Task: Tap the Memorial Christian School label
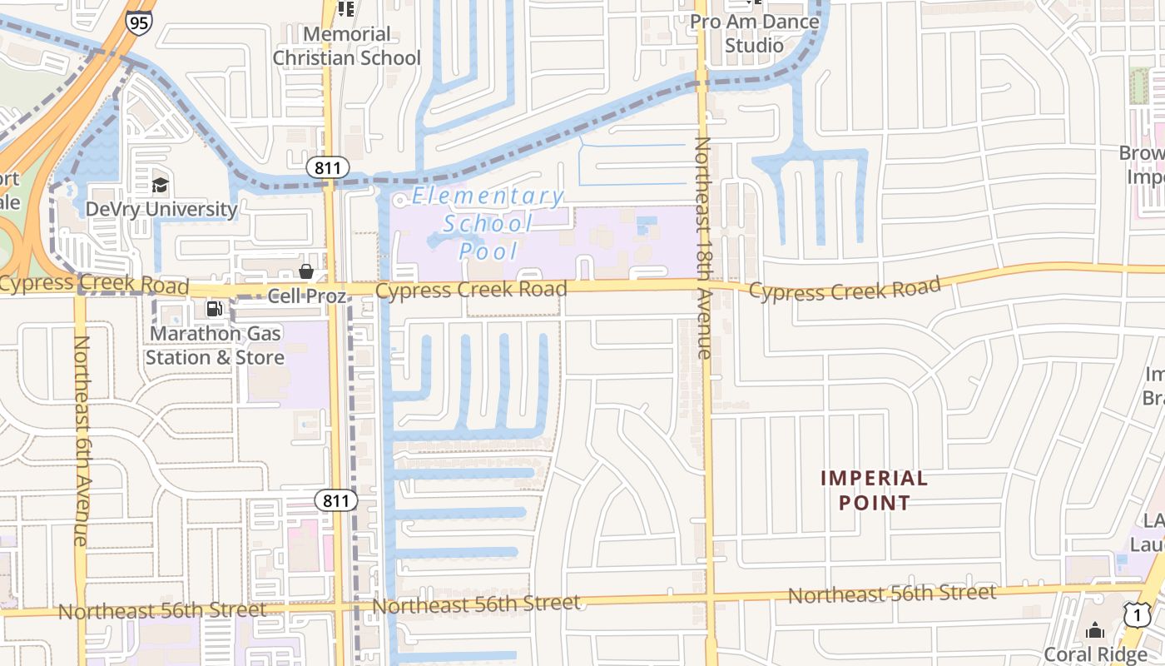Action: tap(347, 46)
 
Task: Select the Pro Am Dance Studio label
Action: tap(755, 33)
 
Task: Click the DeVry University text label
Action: tap(161, 209)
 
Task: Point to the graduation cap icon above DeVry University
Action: tap(160, 185)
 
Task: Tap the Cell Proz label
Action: tap(306, 296)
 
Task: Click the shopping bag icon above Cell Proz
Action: tap(306, 271)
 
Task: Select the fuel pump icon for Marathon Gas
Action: tap(214, 309)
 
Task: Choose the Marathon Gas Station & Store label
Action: tap(215, 345)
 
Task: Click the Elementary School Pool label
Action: tap(488, 223)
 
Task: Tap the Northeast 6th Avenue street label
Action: tap(81, 440)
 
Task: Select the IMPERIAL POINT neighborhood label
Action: tap(874, 490)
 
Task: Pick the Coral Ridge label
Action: tap(1095, 654)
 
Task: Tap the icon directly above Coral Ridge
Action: tap(1095, 629)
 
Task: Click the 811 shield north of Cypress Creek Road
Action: tap(328, 168)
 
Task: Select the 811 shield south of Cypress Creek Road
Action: tap(336, 500)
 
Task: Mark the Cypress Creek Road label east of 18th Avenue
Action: tap(845, 289)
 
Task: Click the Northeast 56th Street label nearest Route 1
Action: tap(891, 594)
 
